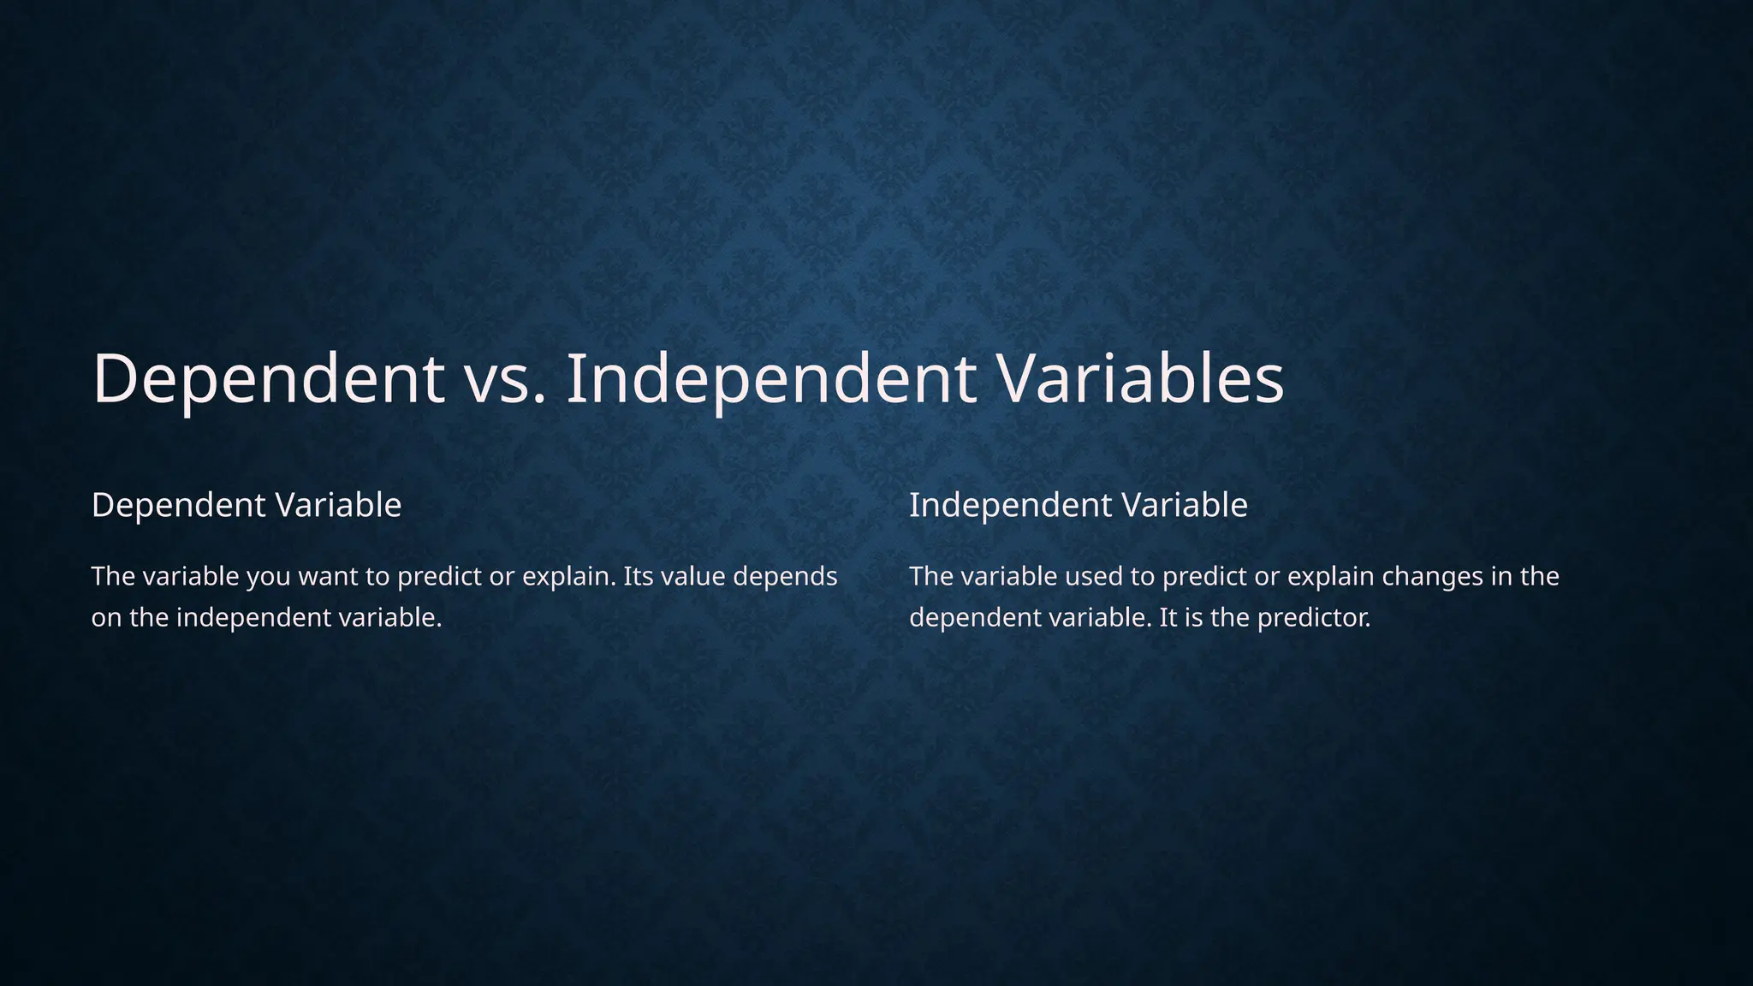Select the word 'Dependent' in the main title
coord(268,379)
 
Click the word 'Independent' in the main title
coord(771,379)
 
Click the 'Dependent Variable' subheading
coord(247,505)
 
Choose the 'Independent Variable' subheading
coord(1078,505)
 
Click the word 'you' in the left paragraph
coord(268,578)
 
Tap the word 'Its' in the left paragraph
coord(638,576)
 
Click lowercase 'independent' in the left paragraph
coord(255,618)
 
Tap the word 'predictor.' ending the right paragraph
coord(1314,618)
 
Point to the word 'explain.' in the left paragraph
coord(569,578)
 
